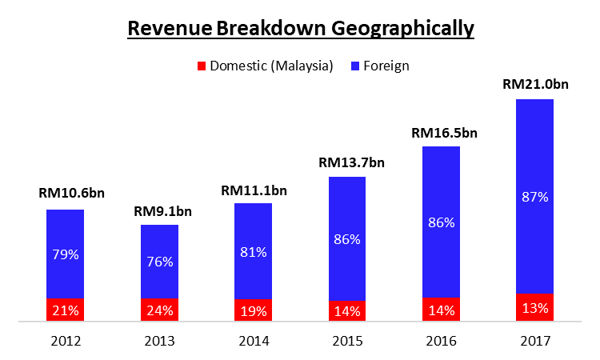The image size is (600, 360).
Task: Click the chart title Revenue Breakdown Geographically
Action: tap(300, 29)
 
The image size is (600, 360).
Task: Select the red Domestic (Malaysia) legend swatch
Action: tap(202, 66)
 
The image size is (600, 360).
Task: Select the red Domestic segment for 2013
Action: tap(159, 310)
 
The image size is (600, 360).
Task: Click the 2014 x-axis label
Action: tap(254, 342)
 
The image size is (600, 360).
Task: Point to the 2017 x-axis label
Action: tap(534, 342)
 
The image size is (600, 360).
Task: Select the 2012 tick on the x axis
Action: tap(65, 342)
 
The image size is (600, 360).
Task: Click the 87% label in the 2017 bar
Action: tap(534, 197)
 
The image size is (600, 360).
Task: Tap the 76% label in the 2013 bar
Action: tap(159, 262)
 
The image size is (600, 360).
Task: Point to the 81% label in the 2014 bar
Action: tap(254, 250)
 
